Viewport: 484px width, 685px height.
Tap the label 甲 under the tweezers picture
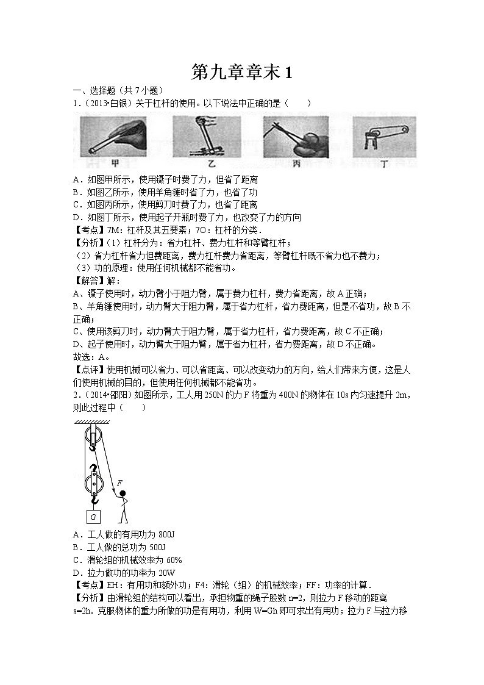coord(115,163)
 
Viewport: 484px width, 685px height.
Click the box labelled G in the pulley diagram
coord(93,517)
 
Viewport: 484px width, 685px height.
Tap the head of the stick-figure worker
coord(123,493)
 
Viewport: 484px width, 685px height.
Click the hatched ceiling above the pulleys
coord(93,423)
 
